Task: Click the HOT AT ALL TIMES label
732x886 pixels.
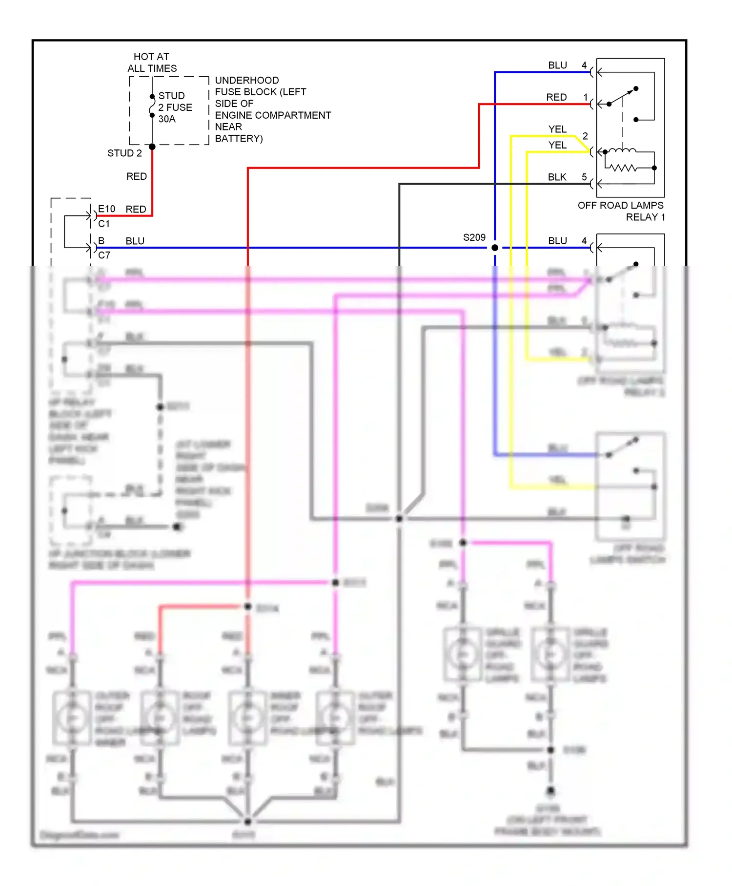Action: click(x=152, y=63)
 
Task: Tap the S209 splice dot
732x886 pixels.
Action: click(x=495, y=248)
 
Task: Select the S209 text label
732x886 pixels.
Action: click(x=474, y=237)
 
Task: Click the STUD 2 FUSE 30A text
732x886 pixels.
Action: click(x=175, y=107)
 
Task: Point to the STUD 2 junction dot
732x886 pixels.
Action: click(x=152, y=147)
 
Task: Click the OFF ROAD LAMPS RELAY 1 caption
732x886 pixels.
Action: click(x=621, y=211)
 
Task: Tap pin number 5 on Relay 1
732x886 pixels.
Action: click(x=584, y=177)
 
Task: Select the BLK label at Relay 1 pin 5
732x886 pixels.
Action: click(x=557, y=177)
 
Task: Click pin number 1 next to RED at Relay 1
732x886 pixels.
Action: click(x=586, y=97)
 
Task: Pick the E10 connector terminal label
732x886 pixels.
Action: click(x=106, y=209)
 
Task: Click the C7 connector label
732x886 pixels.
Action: click(x=104, y=255)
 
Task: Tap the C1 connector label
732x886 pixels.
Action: click(x=104, y=224)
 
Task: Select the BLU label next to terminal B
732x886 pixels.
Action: click(x=135, y=241)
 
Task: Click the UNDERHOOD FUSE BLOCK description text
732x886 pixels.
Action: click(x=272, y=109)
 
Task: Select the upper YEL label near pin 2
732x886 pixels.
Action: click(x=557, y=129)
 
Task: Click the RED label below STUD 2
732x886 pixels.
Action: click(x=136, y=176)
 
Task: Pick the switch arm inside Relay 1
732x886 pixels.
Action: click(x=622, y=96)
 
